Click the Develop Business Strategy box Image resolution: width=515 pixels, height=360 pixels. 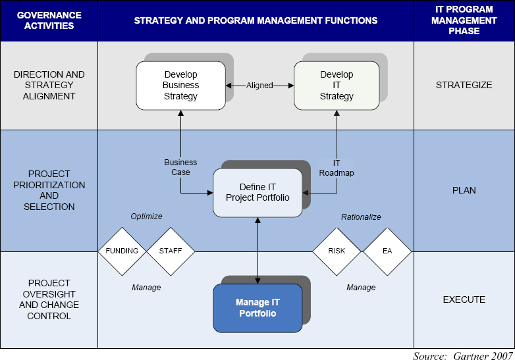click(180, 86)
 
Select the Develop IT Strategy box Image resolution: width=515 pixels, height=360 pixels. click(337, 86)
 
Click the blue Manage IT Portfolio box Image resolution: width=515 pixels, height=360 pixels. click(257, 308)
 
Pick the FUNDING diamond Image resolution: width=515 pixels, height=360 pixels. click(122, 251)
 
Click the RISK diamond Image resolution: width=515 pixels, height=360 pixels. click(337, 251)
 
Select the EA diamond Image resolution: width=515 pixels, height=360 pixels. click(387, 251)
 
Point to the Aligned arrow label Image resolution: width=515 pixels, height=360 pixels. click(259, 86)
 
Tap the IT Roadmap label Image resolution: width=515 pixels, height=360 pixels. click(337, 167)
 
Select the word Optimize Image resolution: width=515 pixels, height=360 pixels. click(146, 216)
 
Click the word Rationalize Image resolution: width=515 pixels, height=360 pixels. click(361, 217)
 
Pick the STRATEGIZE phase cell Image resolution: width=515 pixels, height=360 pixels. click(464, 86)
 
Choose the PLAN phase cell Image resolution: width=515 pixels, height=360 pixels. click(464, 190)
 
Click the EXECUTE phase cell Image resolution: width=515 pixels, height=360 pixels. click(464, 299)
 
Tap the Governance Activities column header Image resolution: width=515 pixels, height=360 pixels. click(49, 20)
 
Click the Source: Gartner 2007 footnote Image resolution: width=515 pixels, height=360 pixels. click(462, 355)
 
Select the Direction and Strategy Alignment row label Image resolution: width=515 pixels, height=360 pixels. click(49, 86)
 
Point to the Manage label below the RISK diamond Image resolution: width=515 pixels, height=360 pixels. click(361, 288)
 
